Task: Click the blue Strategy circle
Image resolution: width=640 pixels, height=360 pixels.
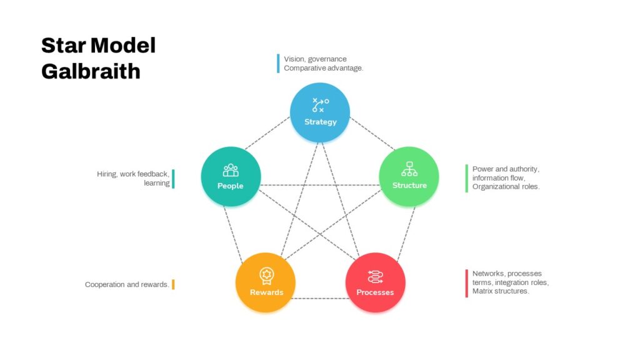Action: point(320,112)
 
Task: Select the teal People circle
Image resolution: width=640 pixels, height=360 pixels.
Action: point(231,177)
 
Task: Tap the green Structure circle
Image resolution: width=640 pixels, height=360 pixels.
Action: point(409,177)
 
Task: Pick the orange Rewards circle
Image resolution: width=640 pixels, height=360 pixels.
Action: point(265,282)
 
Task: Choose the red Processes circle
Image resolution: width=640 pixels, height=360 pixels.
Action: point(376,282)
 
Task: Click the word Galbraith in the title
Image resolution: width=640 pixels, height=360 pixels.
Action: point(91,71)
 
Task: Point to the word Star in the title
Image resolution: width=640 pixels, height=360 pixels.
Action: point(63,45)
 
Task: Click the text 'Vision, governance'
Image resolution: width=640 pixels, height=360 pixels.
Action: point(315,59)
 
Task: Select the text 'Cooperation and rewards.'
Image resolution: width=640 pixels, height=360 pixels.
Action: point(127,284)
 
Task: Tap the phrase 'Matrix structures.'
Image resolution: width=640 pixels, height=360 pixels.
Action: point(501,291)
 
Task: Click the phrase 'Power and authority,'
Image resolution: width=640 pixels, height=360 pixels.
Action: point(506,169)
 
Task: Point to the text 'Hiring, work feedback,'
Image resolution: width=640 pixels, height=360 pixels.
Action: point(133,174)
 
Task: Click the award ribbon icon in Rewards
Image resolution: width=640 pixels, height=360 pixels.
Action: point(266,276)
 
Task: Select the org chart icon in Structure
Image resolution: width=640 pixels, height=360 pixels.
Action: point(409,169)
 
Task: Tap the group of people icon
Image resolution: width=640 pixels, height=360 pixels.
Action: point(231,170)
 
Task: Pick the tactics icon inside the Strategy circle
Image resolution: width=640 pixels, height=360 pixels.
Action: point(321,105)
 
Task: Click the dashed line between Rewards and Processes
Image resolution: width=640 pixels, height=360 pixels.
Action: point(321,298)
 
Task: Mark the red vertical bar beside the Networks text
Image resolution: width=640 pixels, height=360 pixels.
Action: point(466,283)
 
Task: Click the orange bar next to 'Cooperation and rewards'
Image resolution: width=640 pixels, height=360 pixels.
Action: point(173,284)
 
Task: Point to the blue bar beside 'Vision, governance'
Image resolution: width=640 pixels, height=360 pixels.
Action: point(278,64)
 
